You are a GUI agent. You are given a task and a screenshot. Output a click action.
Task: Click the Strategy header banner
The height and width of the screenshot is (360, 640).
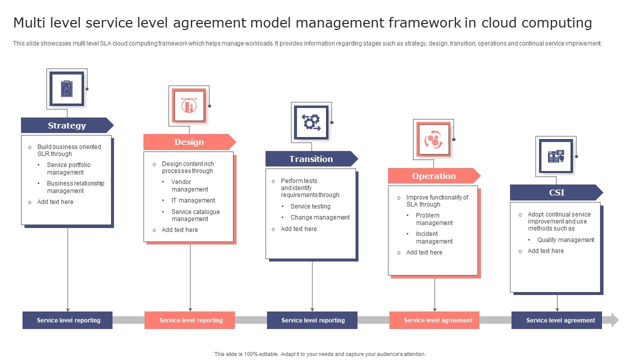click(x=66, y=125)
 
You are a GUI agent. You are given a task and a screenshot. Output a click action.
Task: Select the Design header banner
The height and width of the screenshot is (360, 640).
click(x=189, y=142)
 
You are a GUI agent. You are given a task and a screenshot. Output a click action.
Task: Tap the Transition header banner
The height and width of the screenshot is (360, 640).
click(x=311, y=159)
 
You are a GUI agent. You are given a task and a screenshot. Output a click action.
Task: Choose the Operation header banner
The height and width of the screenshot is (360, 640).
click(x=433, y=176)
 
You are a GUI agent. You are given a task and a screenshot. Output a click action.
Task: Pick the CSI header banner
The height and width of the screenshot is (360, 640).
click(x=556, y=192)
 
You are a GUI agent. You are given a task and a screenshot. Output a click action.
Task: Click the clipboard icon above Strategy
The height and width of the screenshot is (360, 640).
click(x=66, y=88)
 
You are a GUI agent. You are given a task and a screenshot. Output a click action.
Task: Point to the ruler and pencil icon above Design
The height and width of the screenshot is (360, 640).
click(x=189, y=105)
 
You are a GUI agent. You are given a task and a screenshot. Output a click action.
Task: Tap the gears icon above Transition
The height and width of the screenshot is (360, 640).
click(x=311, y=122)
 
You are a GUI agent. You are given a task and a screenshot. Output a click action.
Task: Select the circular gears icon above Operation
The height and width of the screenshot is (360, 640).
click(x=433, y=139)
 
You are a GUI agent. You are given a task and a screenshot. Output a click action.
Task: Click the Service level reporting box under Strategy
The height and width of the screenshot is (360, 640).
click(x=68, y=320)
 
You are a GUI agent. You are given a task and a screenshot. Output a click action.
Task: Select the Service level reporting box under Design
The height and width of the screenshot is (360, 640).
click(x=190, y=320)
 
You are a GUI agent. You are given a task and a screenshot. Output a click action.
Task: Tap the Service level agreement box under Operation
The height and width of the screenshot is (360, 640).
click(x=435, y=320)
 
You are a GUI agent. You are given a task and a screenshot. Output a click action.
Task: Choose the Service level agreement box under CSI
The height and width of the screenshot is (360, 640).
click(x=557, y=320)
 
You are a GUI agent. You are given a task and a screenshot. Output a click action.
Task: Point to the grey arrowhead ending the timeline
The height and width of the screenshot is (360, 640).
click(x=615, y=320)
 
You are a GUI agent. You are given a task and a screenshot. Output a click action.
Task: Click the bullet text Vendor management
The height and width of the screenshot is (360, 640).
click(x=189, y=185)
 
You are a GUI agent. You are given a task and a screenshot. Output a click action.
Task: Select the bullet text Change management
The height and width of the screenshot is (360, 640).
click(x=320, y=217)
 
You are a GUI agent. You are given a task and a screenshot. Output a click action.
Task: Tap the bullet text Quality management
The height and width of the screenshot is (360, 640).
click(x=565, y=240)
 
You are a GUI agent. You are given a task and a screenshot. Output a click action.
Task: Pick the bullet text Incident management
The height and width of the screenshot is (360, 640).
click(x=434, y=237)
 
